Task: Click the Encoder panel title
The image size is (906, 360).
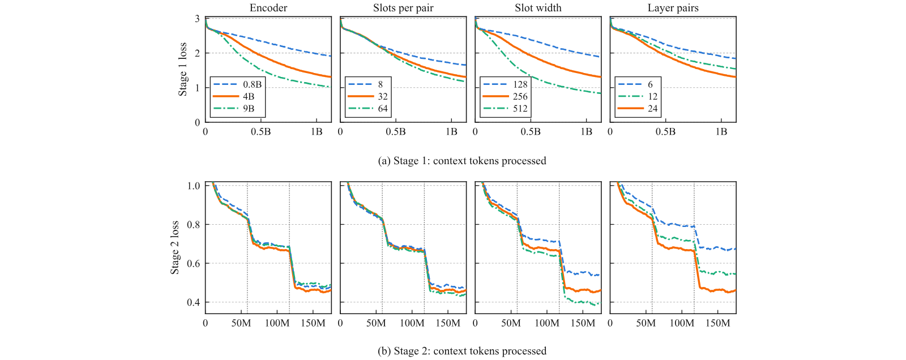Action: (x=268, y=8)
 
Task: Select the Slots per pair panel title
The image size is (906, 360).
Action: (x=403, y=8)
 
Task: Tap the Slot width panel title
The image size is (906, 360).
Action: (x=538, y=8)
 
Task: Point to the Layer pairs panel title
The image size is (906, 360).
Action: (x=673, y=8)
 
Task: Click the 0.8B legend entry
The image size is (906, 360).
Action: (x=237, y=84)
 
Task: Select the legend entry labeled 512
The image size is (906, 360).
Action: (x=506, y=109)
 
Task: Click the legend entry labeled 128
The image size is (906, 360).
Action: (x=506, y=84)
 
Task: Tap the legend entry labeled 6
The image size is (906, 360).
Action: (x=635, y=84)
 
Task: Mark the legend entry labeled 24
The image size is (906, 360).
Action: (x=638, y=109)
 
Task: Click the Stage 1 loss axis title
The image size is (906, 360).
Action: (x=183, y=69)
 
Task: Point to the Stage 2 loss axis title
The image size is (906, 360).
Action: (x=175, y=247)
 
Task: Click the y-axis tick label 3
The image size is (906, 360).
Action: (x=197, y=19)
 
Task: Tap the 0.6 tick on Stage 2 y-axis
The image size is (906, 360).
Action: (x=193, y=263)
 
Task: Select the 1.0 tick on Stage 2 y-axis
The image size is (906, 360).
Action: (x=193, y=186)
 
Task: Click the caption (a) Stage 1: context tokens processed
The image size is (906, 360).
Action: (x=462, y=161)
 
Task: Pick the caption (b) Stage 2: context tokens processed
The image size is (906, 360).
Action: (x=462, y=351)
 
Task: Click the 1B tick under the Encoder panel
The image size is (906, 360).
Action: (x=317, y=132)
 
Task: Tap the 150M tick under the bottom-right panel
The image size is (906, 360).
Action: (x=718, y=323)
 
